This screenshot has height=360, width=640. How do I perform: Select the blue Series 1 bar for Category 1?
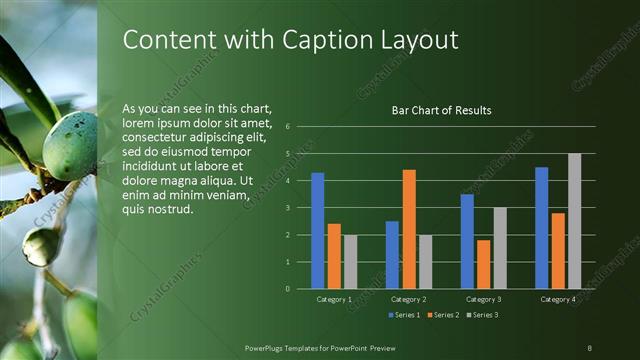[x=318, y=230]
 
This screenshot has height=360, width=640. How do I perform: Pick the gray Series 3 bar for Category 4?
[x=574, y=221]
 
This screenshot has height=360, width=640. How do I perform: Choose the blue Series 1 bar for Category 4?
[x=542, y=227]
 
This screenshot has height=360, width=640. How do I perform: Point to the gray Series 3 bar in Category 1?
[x=350, y=261]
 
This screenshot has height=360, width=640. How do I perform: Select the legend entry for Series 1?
[x=405, y=315]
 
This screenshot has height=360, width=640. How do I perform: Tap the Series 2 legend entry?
[x=443, y=315]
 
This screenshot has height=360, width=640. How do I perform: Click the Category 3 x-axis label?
[x=483, y=299]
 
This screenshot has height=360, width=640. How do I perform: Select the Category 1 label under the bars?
[x=334, y=299]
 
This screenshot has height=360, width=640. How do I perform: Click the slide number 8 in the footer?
[x=590, y=347]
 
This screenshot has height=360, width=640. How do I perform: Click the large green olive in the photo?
[x=71, y=146]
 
